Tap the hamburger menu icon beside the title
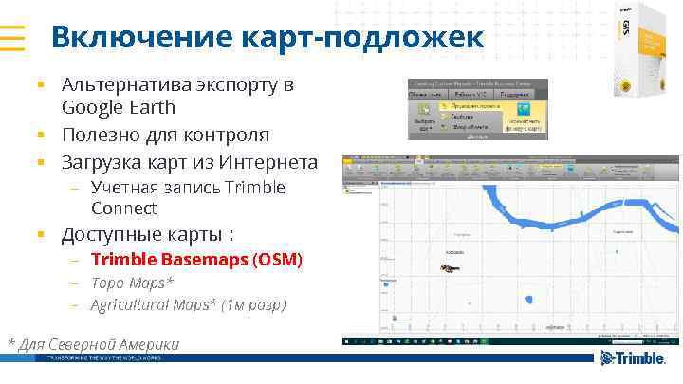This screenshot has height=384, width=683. point(13,37)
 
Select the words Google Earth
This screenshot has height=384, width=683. point(119,107)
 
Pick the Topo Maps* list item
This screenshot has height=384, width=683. point(132,283)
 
